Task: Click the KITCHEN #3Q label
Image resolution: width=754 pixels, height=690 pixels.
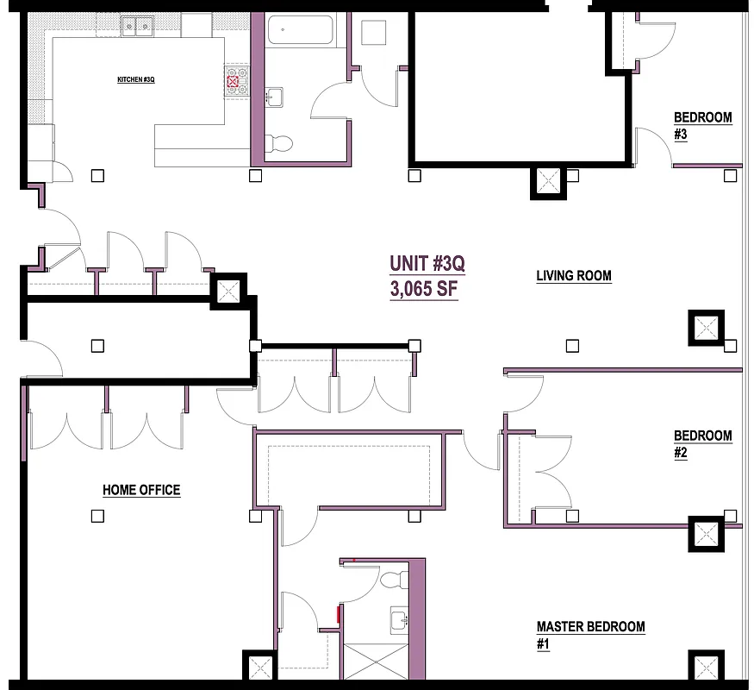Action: pyautogui.click(x=135, y=79)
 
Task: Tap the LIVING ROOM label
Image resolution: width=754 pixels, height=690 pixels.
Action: pyautogui.click(x=574, y=276)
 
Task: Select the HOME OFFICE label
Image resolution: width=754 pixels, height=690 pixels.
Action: pyautogui.click(x=141, y=490)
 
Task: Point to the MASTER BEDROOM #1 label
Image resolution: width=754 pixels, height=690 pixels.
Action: pyautogui.click(x=590, y=635)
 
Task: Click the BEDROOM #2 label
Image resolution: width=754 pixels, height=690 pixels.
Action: pyautogui.click(x=702, y=444)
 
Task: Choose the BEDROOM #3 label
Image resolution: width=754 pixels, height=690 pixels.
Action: pyautogui.click(x=702, y=125)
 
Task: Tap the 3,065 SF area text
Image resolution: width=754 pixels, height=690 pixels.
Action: pyautogui.click(x=423, y=290)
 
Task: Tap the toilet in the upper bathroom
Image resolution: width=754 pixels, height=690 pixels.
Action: pyautogui.click(x=279, y=142)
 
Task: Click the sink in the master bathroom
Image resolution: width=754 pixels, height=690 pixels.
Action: pyautogui.click(x=400, y=619)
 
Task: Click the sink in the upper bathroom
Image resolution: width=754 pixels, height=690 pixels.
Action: pyautogui.click(x=274, y=96)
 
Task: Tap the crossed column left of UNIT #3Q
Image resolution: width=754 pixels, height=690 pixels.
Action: pyautogui.click(x=228, y=292)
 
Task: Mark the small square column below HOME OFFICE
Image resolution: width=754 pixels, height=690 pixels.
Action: pyautogui.click(x=97, y=516)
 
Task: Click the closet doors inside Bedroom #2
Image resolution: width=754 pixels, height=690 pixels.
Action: pyautogui.click(x=551, y=474)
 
